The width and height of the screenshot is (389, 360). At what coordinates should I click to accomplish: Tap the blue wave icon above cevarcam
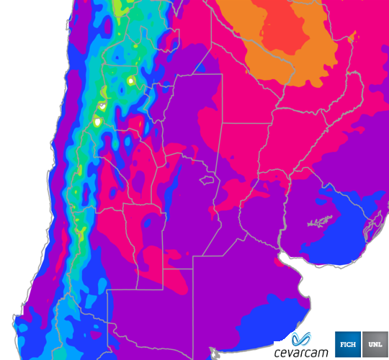click(303, 338)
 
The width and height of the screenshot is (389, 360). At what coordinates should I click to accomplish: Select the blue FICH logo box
click(348, 345)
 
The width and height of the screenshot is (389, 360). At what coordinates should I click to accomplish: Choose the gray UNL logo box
click(375, 345)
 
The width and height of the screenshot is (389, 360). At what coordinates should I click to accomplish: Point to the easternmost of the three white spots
click(131, 81)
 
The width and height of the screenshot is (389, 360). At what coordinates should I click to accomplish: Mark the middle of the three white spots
click(102, 106)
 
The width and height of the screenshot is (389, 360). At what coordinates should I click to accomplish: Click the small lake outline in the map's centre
click(210, 178)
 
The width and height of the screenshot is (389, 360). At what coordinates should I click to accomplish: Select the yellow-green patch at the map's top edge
click(120, 7)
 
